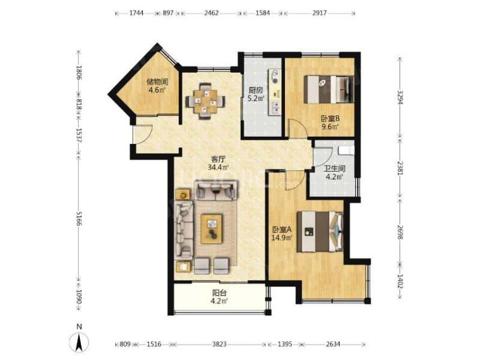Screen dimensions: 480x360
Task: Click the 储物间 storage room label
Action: (x=158, y=82)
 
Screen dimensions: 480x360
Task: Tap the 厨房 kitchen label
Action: (x=256, y=91)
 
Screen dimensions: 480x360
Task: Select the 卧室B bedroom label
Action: (x=331, y=118)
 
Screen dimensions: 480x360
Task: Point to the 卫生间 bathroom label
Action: (x=335, y=169)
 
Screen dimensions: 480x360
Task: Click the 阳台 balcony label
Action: (x=219, y=293)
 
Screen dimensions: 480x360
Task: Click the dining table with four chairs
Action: (x=205, y=101)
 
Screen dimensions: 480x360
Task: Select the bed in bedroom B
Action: (x=329, y=89)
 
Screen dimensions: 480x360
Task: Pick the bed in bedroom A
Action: (x=320, y=232)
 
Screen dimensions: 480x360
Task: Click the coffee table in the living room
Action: (x=212, y=229)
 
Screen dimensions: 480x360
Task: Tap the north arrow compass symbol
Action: (x=79, y=342)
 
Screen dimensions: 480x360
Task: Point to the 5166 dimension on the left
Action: (x=79, y=218)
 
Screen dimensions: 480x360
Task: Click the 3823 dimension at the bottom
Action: (x=219, y=344)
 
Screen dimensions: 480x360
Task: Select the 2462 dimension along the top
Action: (x=211, y=13)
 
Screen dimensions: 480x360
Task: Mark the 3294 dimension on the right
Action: (x=400, y=97)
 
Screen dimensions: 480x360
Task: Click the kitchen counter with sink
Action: (x=275, y=92)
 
